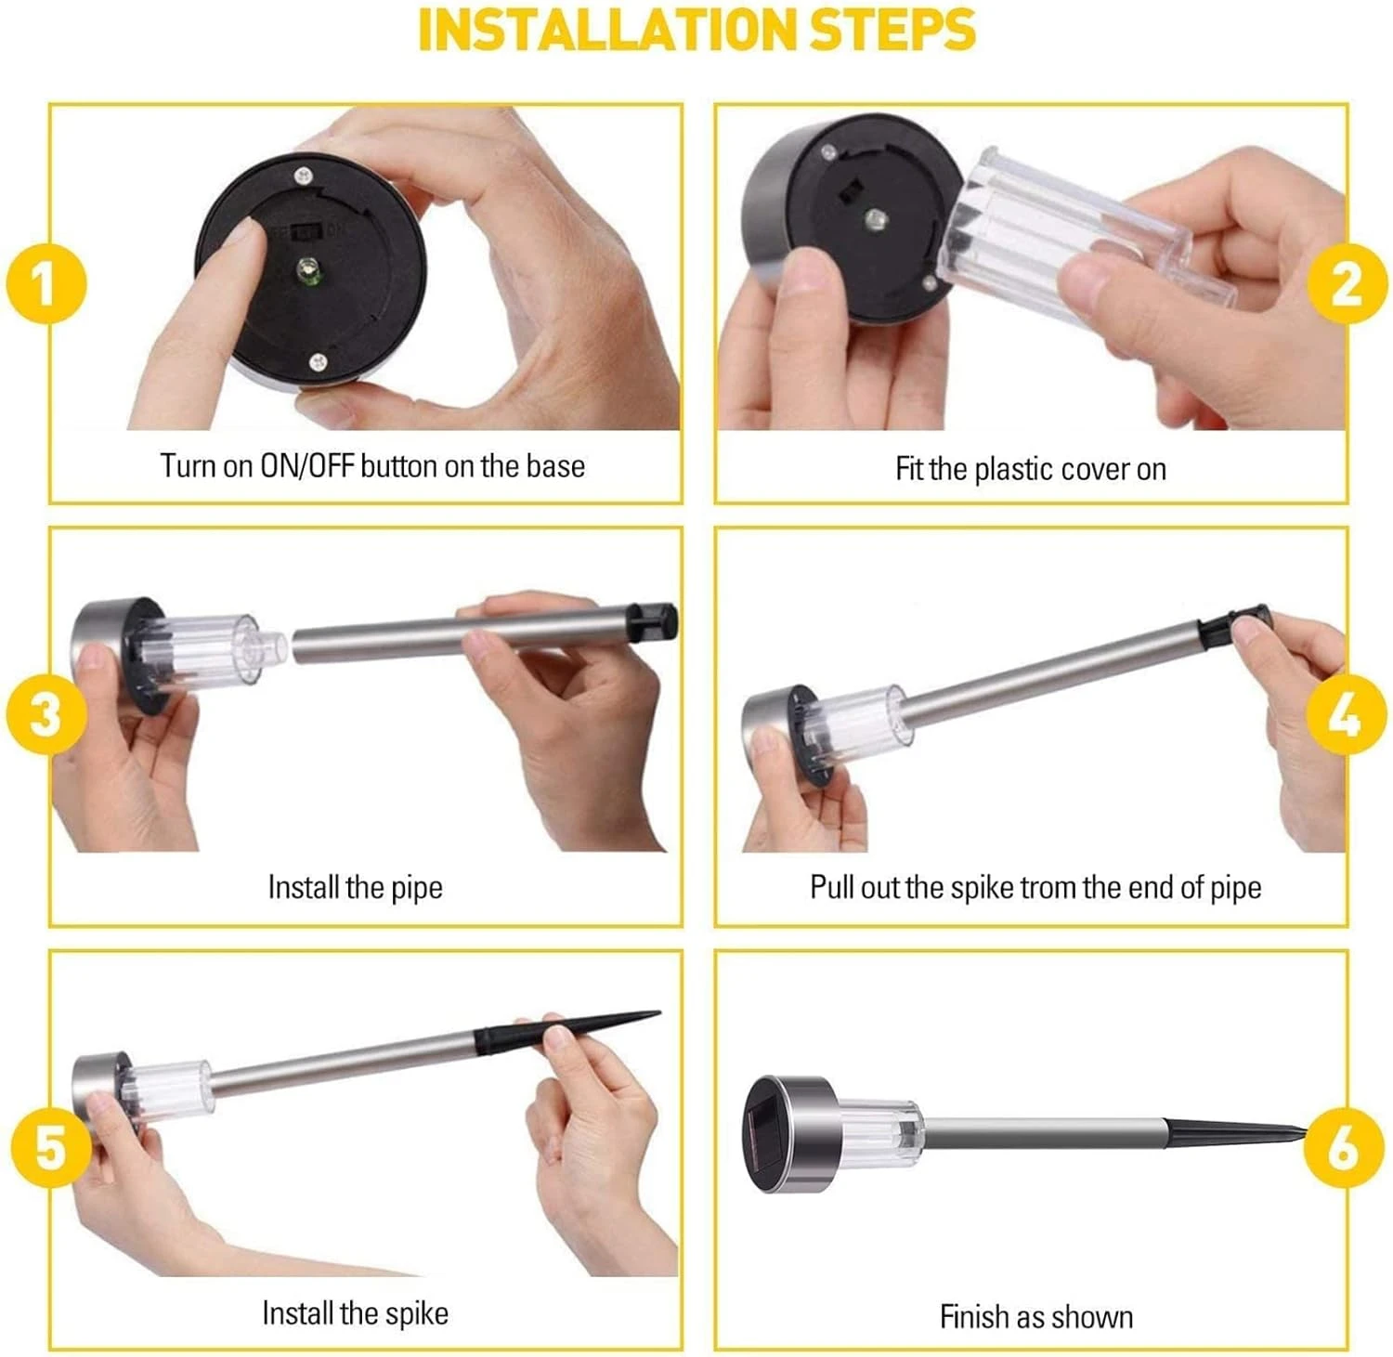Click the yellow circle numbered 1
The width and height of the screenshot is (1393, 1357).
(x=46, y=284)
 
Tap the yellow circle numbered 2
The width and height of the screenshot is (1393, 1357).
(x=1348, y=283)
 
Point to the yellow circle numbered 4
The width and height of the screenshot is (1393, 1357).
(x=1348, y=715)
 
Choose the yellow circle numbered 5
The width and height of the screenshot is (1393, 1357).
(x=52, y=1147)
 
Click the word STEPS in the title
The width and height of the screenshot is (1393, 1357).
(x=893, y=30)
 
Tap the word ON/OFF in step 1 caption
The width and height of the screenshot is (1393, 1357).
(x=307, y=465)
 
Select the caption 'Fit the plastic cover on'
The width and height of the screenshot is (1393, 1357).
(x=1031, y=469)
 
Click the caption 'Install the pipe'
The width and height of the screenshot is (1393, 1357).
(x=355, y=888)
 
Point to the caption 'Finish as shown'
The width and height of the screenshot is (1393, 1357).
(x=1036, y=1317)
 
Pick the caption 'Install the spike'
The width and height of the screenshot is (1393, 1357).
(x=355, y=1313)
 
